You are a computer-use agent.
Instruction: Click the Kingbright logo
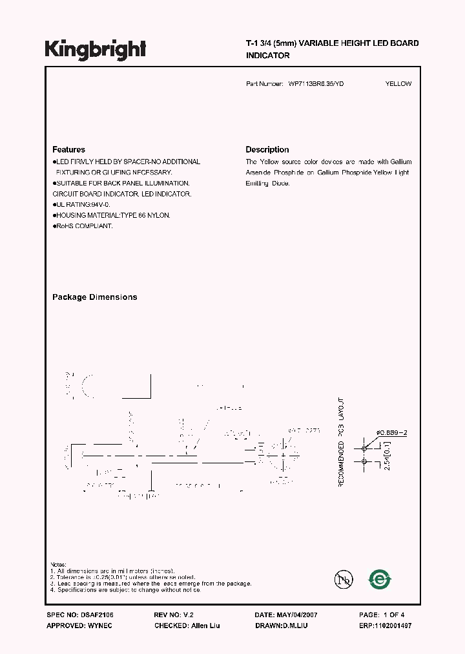(96, 49)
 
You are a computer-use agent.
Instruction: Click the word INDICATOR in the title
(267, 56)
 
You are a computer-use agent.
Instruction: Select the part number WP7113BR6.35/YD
(311, 84)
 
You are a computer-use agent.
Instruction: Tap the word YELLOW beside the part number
(398, 84)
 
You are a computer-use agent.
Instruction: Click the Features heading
(68, 149)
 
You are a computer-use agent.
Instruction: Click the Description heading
(267, 149)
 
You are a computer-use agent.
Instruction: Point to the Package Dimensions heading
(94, 297)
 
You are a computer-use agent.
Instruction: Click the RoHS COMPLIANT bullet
(84, 226)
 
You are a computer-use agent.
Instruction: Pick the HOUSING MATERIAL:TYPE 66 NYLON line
(113, 215)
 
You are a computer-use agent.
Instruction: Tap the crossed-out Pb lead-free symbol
(344, 580)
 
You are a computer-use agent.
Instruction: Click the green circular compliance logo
(380, 580)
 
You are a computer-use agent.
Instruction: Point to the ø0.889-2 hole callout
(392, 433)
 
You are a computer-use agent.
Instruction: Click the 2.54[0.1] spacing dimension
(387, 454)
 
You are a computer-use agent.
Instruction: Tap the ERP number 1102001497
(393, 626)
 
